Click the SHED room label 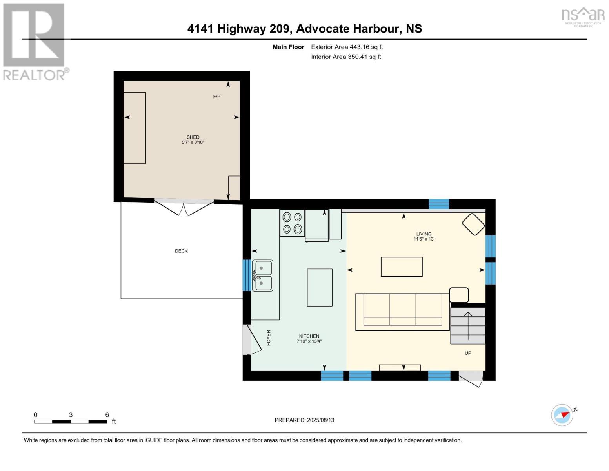tap(193, 137)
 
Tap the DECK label tap(181, 251)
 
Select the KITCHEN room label tap(309, 336)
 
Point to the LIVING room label tap(424, 234)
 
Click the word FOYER tap(269, 338)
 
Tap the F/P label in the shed tap(216, 97)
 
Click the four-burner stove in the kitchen tap(292, 223)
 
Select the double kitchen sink tap(262, 276)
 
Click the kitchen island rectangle tap(320, 287)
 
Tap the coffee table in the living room tap(402, 267)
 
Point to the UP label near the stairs tap(468, 353)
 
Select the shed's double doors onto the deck tap(184, 207)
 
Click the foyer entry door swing tap(251, 340)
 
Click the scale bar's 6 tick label tap(107, 415)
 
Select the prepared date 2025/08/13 tap(304, 420)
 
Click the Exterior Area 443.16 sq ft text tap(347, 47)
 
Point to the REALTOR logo tap(35, 42)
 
